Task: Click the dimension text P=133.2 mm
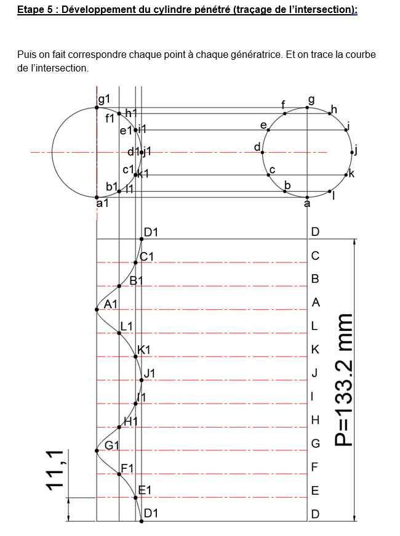point(343,380)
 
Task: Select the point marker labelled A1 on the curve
point(97,310)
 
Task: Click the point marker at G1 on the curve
point(97,450)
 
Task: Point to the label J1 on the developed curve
point(150,373)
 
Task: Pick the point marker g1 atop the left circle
point(97,108)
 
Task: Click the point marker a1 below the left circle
point(97,197)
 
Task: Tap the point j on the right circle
point(352,152)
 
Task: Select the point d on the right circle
point(262,152)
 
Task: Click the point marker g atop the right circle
point(307,108)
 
